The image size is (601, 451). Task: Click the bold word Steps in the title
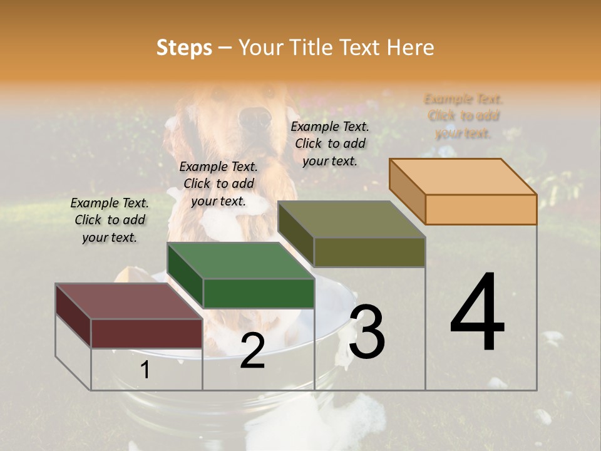(184, 48)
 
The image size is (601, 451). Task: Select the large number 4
(477, 313)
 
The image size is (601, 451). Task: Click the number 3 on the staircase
(367, 331)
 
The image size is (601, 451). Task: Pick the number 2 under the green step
(252, 351)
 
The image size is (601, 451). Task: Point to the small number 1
(145, 370)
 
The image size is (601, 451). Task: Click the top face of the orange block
(462, 176)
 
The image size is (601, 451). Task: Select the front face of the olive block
(369, 252)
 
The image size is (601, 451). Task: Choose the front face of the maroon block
(146, 333)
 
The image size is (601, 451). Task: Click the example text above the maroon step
(110, 220)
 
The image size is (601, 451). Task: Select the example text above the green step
(218, 184)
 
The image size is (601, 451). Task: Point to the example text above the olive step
(330, 143)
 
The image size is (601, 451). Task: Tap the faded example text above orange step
(463, 116)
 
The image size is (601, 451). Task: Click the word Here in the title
(410, 48)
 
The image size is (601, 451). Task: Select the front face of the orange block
(481, 209)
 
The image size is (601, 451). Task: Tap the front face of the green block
(259, 293)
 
